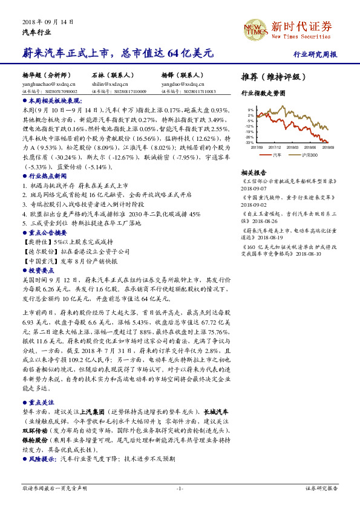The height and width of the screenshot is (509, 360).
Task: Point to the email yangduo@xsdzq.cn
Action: click(x=179, y=84)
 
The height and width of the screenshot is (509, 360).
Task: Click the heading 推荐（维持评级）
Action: click(x=273, y=77)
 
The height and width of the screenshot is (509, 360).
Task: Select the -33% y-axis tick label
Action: click(x=249, y=143)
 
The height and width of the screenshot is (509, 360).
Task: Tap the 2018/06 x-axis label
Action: click(x=310, y=146)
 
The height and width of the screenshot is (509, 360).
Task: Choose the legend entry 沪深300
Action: click(x=310, y=155)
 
